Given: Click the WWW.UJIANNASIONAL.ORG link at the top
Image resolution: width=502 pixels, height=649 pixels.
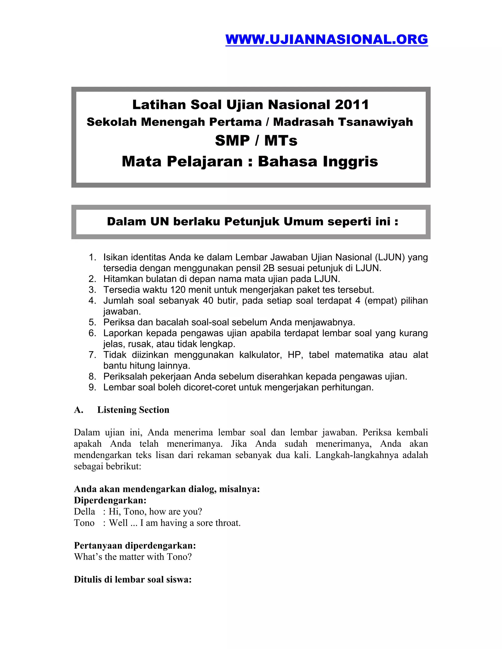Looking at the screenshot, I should coord(326,39).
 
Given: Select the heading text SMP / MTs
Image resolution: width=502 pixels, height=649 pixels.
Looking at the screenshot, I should coord(256,141).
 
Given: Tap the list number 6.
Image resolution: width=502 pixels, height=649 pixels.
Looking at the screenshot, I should coord(92,333).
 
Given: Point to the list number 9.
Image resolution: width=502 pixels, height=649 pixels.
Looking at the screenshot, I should coord(92,387).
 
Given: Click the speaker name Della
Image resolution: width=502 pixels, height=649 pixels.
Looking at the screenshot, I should coord(85,512).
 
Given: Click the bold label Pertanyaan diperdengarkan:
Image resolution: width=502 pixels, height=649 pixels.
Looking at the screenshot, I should coord(135,546).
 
